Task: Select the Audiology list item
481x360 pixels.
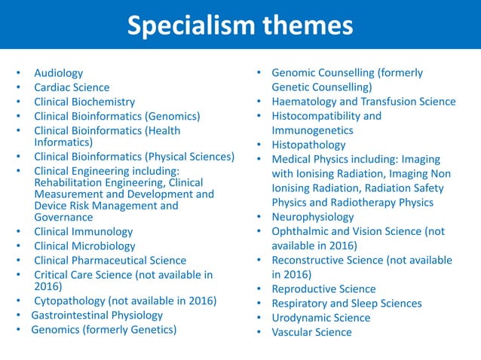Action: (x=59, y=73)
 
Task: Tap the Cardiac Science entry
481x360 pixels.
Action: (x=72, y=87)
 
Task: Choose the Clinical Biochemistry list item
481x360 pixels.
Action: (x=84, y=102)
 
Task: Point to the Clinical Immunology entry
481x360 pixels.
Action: (x=83, y=232)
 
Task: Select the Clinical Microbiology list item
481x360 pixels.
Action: (x=84, y=246)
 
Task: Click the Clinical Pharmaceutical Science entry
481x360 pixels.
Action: (x=110, y=261)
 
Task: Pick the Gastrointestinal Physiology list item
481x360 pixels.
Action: (x=97, y=315)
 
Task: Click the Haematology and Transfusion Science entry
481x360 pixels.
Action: (x=363, y=102)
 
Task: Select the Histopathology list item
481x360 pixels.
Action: (x=308, y=145)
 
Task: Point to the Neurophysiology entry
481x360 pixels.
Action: (x=314, y=217)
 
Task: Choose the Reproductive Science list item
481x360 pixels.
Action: (x=323, y=289)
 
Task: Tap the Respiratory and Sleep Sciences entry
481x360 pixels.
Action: (x=347, y=304)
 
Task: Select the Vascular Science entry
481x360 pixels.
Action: (x=311, y=332)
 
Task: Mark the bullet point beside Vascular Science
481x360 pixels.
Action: (x=258, y=332)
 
